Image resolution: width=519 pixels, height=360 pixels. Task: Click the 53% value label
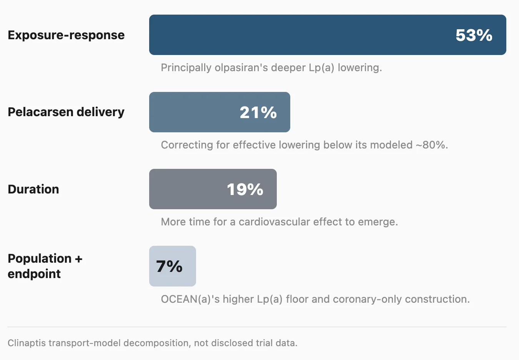[x=474, y=35]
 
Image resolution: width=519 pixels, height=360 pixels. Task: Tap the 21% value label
[x=258, y=112]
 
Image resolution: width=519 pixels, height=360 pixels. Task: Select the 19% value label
[x=245, y=189]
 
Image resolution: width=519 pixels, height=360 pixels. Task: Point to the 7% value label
[x=169, y=266]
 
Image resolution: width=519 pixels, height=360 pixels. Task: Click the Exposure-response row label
[x=66, y=35]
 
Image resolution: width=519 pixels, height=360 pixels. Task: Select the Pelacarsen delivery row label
[x=66, y=112]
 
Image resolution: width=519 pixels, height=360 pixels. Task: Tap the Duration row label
[x=33, y=189]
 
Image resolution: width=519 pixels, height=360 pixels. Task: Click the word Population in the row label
[x=40, y=259]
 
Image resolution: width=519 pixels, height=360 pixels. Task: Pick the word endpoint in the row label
[x=34, y=274]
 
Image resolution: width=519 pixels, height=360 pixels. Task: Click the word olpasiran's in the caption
[x=241, y=68]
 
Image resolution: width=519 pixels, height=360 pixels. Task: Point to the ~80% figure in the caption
[x=432, y=145]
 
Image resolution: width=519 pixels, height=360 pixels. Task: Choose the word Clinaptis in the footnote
[x=27, y=343]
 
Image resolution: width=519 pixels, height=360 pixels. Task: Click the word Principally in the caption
[x=186, y=68]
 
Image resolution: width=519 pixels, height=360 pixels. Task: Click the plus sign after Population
[x=78, y=259]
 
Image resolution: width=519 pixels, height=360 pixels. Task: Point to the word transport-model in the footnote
[x=85, y=343]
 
